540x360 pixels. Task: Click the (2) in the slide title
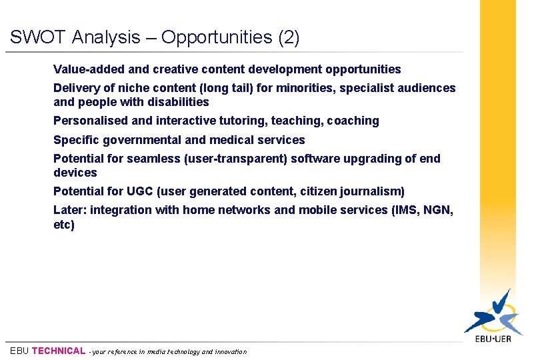click(288, 37)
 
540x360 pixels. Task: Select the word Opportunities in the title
click(217, 38)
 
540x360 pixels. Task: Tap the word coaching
click(353, 121)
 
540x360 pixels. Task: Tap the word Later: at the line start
click(70, 210)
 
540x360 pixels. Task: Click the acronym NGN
click(438, 210)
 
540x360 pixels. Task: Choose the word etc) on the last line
click(64, 225)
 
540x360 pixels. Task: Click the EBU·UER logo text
click(493, 339)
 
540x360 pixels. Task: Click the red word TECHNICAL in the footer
click(59, 351)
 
